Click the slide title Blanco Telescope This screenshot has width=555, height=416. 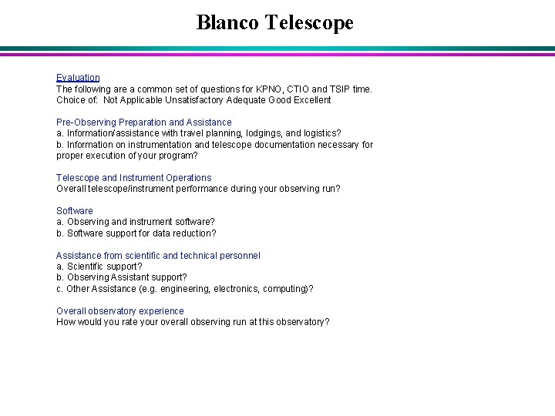tap(275, 22)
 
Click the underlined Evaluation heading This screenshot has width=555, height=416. tap(78, 78)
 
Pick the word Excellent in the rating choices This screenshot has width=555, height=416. tap(309, 100)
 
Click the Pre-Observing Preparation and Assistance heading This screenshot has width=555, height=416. tap(143, 122)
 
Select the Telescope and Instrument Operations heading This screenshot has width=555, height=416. tap(133, 178)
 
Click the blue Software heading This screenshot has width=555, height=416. tap(74, 211)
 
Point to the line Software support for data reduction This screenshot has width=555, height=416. tap(136, 233)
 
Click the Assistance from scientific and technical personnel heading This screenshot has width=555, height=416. tap(158, 256)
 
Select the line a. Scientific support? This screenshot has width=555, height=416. tap(99, 267)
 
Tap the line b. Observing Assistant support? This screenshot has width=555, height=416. tap(122, 277)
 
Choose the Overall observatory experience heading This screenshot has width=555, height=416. tap(120, 311)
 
